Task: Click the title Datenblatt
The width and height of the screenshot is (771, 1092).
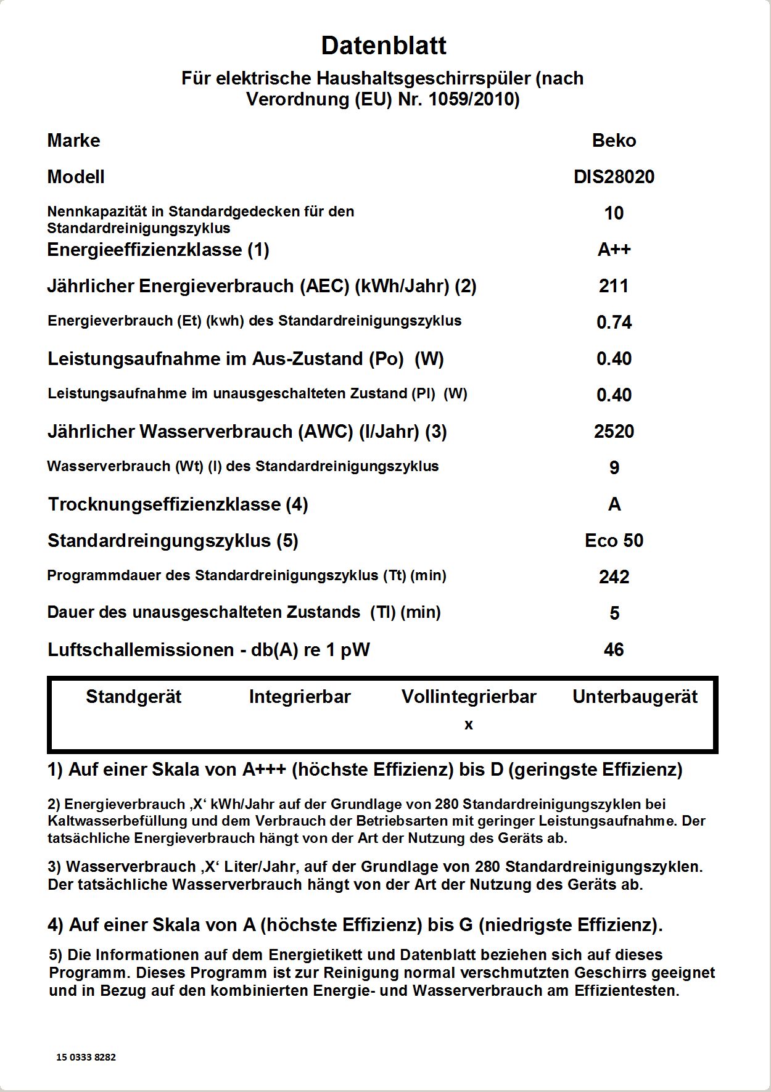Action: (x=384, y=46)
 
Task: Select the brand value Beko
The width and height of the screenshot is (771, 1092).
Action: (x=614, y=141)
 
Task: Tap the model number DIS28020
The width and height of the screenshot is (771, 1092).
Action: (x=614, y=177)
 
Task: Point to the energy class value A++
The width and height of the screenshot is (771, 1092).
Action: (x=614, y=250)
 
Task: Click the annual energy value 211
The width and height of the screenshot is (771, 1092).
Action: (x=614, y=286)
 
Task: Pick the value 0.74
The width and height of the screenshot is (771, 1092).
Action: (x=614, y=322)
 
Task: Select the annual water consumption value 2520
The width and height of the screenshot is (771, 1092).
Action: (x=614, y=432)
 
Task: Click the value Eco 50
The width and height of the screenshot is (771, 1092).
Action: (x=614, y=541)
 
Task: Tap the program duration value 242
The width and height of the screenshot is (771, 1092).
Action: (x=614, y=577)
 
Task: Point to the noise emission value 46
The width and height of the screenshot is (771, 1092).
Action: (x=614, y=650)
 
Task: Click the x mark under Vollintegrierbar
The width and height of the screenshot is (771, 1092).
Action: (x=469, y=725)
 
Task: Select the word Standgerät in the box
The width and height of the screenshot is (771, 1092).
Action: (x=134, y=697)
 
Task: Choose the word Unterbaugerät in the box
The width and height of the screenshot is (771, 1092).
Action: (x=635, y=697)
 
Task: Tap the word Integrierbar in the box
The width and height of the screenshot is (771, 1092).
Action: (x=300, y=697)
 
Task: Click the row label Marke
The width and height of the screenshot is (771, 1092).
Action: (x=73, y=141)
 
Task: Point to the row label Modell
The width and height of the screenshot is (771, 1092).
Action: (x=76, y=177)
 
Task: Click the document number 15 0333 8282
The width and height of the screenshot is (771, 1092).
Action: (x=86, y=1057)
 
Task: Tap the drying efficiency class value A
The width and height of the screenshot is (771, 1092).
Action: (x=614, y=504)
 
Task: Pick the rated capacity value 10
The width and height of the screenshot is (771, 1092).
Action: (x=614, y=213)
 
